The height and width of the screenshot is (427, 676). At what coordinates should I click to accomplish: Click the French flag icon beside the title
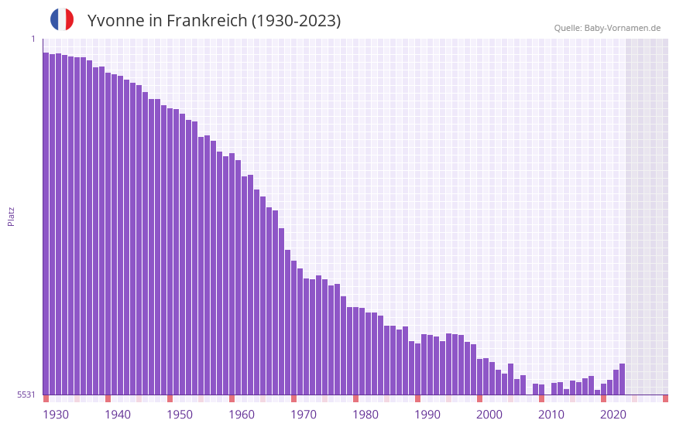[x=62, y=19]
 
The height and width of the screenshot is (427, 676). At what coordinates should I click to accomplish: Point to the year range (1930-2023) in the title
[x=296, y=21]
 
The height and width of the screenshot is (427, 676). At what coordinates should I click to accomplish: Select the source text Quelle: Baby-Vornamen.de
[x=607, y=28]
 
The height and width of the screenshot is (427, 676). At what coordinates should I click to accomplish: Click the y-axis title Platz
[x=11, y=216]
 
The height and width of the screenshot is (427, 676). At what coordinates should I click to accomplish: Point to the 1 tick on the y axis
[x=33, y=39]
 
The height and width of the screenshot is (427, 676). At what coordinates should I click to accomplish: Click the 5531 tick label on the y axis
[x=26, y=395]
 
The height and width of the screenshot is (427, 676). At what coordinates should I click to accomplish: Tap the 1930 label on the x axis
[x=56, y=415]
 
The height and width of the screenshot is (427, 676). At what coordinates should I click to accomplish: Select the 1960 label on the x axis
[x=242, y=415]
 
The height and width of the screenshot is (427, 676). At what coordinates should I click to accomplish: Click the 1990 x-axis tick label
[x=427, y=415]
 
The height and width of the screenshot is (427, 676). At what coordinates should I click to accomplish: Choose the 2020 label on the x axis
[x=613, y=415]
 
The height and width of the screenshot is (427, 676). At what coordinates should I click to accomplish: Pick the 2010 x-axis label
[x=551, y=415]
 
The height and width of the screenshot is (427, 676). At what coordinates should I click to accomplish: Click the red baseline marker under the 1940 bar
[x=108, y=398]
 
